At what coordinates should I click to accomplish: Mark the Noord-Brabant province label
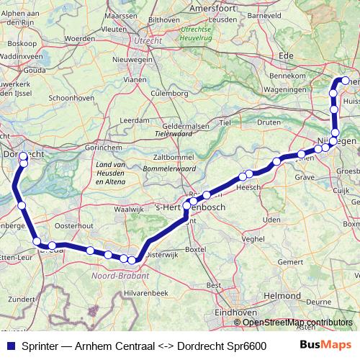[x=121, y=274]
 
